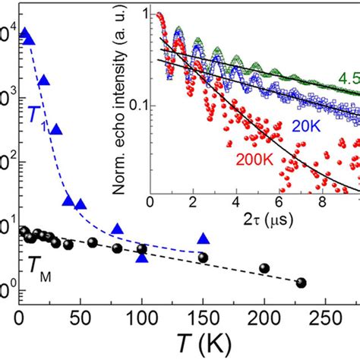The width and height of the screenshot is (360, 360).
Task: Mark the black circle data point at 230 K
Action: click(301, 283)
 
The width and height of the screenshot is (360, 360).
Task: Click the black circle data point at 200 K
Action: click(264, 268)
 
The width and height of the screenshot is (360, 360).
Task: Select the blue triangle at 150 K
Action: click(203, 238)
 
